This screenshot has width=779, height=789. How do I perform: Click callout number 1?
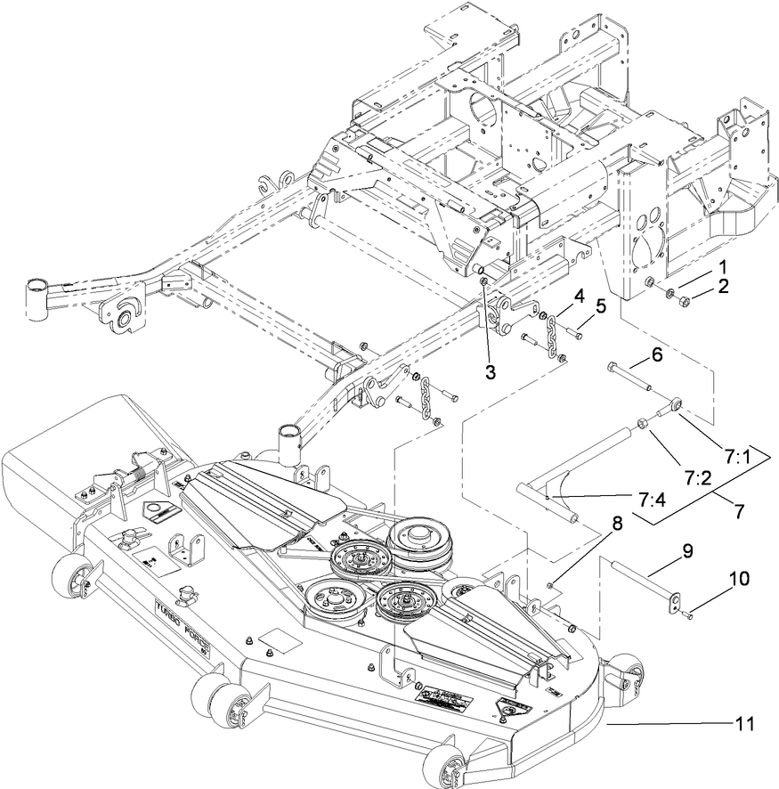point(724,267)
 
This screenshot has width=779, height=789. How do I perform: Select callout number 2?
point(724,286)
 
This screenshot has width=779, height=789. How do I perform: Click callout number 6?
point(657,354)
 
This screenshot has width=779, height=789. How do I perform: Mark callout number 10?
point(740,579)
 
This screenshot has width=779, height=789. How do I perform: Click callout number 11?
point(744,725)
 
